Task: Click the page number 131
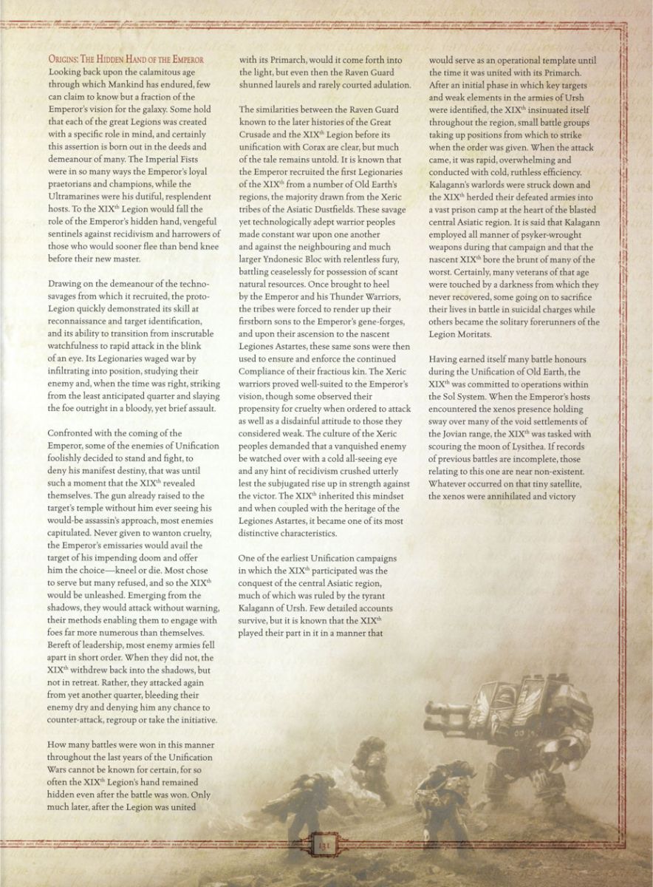point(323,843)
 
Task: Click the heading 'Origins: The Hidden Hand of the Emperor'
point(126,59)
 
